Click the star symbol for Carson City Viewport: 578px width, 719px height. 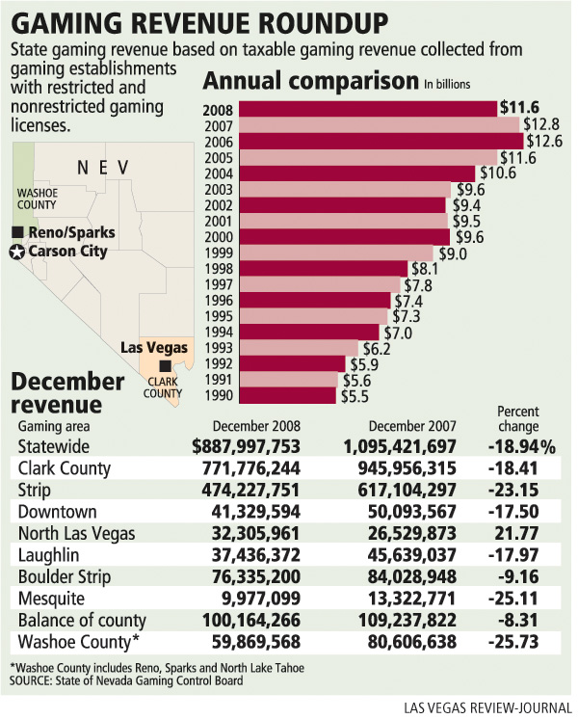pyautogui.click(x=16, y=252)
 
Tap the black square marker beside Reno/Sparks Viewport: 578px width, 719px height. pyautogui.click(x=17, y=233)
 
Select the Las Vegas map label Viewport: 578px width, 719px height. pyautogui.click(x=154, y=347)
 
